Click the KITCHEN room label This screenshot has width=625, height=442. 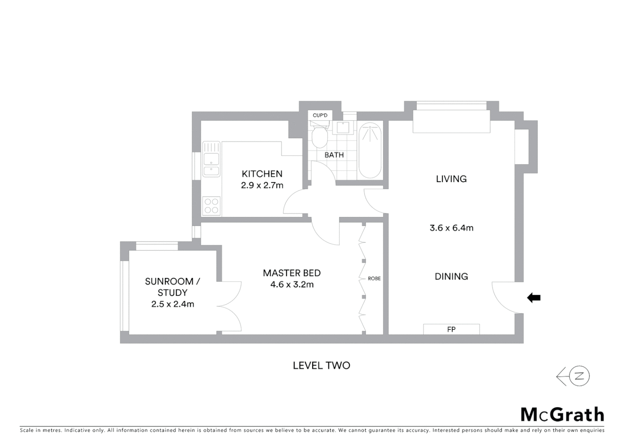(x=262, y=174)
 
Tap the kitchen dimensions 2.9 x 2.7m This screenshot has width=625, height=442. (x=262, y=185)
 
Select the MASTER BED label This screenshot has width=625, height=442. (x=292, y=273)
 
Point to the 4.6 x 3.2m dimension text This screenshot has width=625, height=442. (x=292, y=284)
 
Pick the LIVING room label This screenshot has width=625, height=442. (x=451, y=179)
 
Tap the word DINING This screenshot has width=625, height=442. (x=451, y=277)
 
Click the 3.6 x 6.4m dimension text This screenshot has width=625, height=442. (x=451, y=228)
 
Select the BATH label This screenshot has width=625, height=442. (x=334, y=155)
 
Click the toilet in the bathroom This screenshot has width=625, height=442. (x=319, y=136)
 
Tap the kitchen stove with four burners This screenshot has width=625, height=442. (x=211, y=205)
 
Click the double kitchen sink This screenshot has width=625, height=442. (x=211, y=160)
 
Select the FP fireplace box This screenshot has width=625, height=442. (x=451, y=329)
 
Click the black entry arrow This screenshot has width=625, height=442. (x=534, y=298)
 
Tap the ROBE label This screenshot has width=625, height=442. (x=374, y=279)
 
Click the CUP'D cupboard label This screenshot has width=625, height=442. (x=320, y=115)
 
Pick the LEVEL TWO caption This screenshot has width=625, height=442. (x=321, y=365)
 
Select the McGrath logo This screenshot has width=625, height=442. (x=562, y=415)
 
